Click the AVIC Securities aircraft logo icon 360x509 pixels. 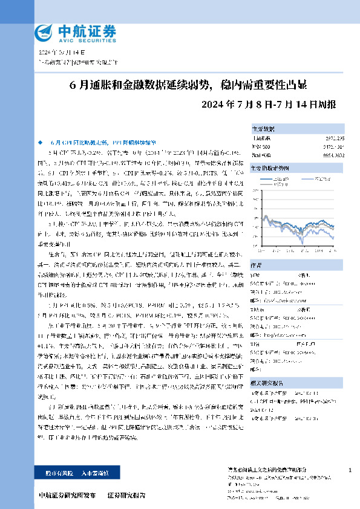44,31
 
